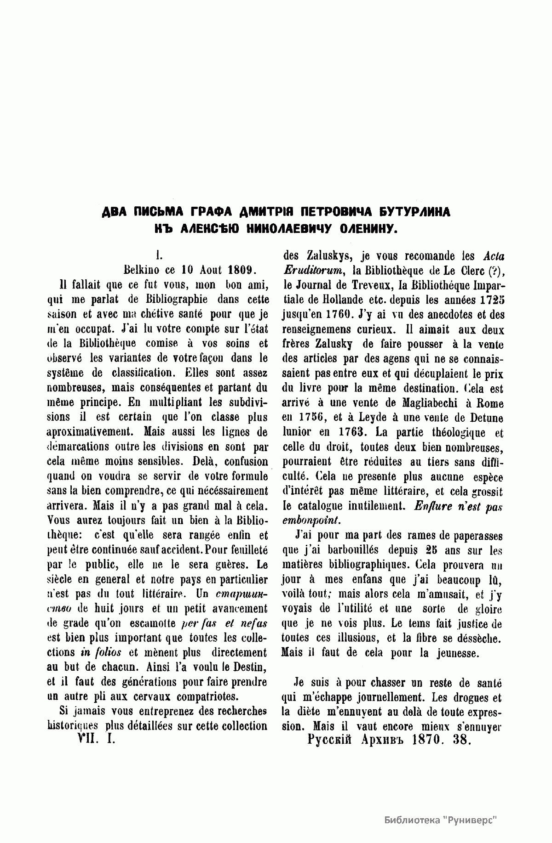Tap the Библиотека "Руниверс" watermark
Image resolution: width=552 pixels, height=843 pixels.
tap(441, 807)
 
